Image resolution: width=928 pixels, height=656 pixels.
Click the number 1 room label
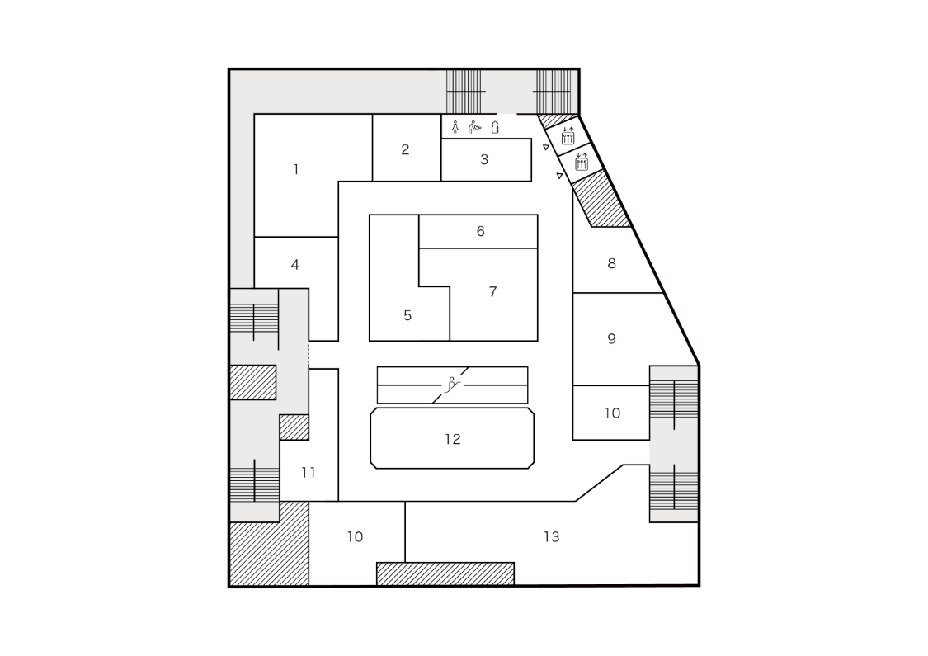pyautogui.click(x=296, y=170)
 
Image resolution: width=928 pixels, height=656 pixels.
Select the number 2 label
pyautogui.click(x=405, y=150)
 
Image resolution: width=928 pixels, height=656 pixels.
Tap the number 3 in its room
pyautogui.click(x=484, y=160)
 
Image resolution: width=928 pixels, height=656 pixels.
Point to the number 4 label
pyautogui.click(x=294, y=265)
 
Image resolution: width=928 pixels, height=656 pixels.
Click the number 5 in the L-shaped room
pyautogui.click(x=407, y=315)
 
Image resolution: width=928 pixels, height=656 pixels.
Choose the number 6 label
pyautogui.click(x=480, y=232)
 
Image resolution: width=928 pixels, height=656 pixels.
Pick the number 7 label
pyautogui.click(x=492, y=292)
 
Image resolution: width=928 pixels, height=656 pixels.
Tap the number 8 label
pyautogui.click(x=611, y=264)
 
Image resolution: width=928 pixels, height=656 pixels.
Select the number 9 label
pyautogui.click(x=611, y=339)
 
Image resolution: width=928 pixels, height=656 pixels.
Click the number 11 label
pyautogui.click(x=309, y=473)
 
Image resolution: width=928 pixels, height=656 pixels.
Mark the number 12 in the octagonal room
pyautogui.click(x=452, y=439)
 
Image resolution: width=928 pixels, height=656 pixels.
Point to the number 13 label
pyautogui.click(x=551, y=537)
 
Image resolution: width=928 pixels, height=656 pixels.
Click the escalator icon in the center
pyautogui.click(x=453, y=384)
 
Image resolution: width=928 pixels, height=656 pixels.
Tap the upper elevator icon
pyautogui.click(x=568, y=135)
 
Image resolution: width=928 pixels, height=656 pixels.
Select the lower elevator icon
pyautogui.click(x=582, y=162)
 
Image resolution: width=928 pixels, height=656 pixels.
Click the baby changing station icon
pyautogui.click(x=475, y=127)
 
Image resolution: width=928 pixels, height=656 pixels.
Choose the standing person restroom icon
pyautogui.click(x=455, y=127)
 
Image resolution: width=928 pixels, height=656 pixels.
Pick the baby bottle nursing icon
pyautogui.click(x=495, y=127)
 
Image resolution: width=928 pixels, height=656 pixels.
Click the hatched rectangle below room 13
pyautogui.click(x=445, y=573)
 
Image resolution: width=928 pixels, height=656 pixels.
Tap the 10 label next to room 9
pyautogui.click(x=611, y=413)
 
